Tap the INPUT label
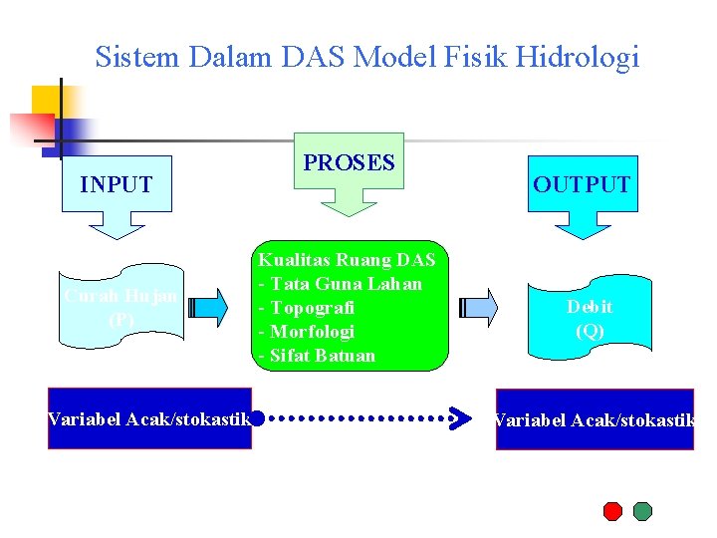[117, 184]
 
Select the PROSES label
[349, 163]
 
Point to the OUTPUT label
[582, 184]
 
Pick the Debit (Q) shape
[590, 319]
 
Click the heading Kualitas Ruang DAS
[347, 260]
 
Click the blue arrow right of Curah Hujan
[207, 307]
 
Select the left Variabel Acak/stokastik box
[149, 419]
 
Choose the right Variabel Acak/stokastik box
[595, 419]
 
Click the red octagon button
[613, 511]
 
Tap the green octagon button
[642, 511]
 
